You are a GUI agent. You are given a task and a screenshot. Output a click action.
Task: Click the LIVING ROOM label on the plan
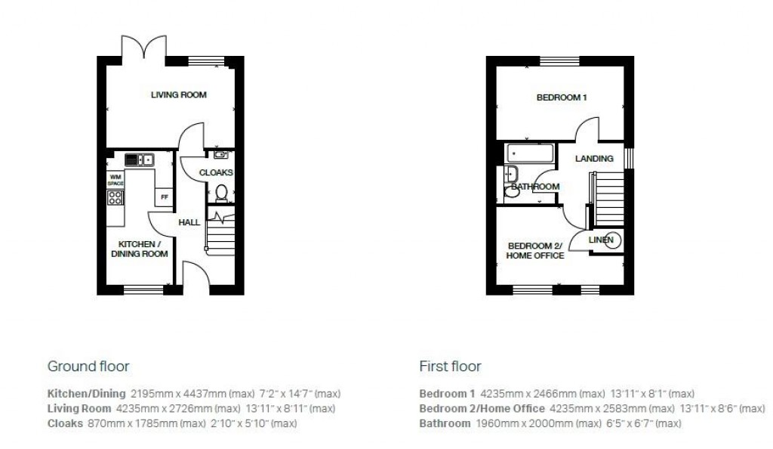point(178,95)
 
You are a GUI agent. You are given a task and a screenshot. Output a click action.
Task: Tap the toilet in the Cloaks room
point(222,194)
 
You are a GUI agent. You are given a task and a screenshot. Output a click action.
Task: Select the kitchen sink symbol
point(139,159)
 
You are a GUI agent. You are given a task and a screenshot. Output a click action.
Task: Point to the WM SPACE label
point(115,180)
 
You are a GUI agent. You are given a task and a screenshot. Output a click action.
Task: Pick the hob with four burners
point(115,198)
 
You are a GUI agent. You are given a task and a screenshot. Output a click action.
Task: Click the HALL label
point(189,223)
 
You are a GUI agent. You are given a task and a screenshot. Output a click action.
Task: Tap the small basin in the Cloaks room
point(220,155)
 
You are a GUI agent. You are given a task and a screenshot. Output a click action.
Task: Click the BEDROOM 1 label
point(562,98)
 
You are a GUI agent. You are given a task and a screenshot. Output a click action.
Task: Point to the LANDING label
point(594,159)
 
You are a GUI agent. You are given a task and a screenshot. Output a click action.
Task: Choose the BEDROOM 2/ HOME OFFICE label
point(535,251)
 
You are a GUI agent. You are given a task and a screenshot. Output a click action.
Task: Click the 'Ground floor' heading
point(88,367)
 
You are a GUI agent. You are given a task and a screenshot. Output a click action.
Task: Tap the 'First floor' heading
point(450,367)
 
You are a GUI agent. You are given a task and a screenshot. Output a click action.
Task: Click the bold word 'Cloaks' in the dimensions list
point(64,423)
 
